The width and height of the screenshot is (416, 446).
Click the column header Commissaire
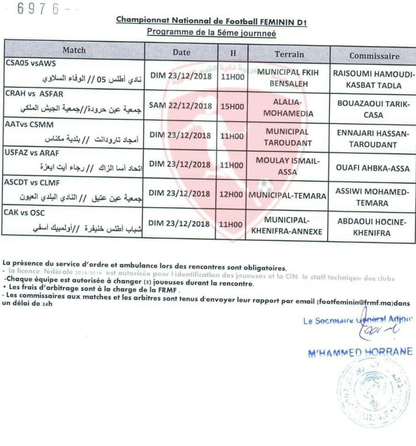point(374,56)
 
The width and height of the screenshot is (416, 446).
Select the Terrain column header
point(289,54)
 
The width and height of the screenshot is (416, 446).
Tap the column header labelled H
point(233,53)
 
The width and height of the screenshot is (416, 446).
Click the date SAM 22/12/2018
point(181,106)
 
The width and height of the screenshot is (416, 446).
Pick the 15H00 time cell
point(231,106)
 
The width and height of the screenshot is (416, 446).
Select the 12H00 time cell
point(231,195)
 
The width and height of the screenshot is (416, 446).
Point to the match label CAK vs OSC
point(25,212)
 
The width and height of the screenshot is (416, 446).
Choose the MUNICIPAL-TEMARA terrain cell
point(287,196)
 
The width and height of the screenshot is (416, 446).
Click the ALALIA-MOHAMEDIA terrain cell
point(287,107)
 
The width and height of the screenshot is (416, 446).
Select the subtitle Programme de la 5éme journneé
point(211,33)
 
